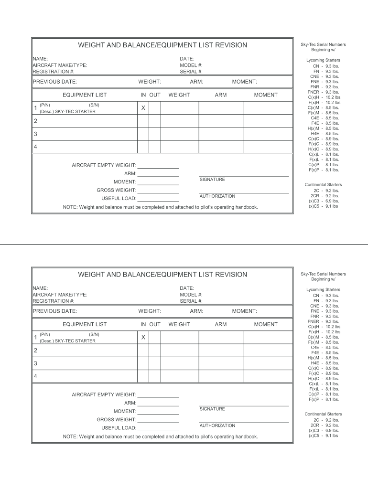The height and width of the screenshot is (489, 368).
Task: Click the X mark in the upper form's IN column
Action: click(143, 108)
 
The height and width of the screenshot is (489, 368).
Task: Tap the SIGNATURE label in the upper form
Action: click(212, 180)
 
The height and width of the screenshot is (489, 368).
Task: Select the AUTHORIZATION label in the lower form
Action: click(217, 425)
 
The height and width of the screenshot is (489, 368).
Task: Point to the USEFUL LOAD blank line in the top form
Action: click(158, 199)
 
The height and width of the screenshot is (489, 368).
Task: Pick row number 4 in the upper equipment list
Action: click(35, 147)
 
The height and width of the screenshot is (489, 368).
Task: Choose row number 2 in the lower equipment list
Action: click(35, 351)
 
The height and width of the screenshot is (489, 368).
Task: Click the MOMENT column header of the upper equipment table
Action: click(266, 95)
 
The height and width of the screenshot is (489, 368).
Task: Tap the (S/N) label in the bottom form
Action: click(94, 334)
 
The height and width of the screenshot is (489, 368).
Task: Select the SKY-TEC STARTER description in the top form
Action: click(67, 112)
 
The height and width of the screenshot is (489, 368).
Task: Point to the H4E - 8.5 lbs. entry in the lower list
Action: click(325, 363)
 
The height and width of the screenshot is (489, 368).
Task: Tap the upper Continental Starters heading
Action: click(323, 184)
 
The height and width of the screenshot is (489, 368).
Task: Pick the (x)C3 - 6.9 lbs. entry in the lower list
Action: click(324, 430)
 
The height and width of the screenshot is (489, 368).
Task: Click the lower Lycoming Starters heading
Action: click(323, 290)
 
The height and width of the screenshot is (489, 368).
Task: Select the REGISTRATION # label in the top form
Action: click(54, 72)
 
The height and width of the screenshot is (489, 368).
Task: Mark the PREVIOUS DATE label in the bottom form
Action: click(55, 311)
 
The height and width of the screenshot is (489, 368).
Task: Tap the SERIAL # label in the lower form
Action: click(191, 301)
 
